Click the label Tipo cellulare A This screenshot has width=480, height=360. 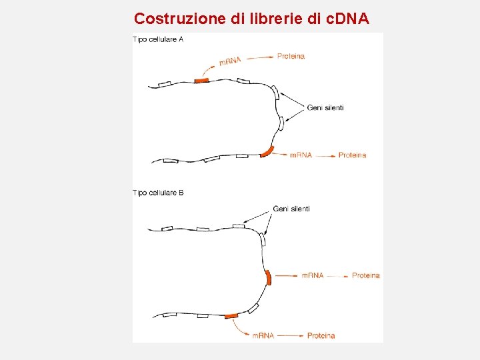158,39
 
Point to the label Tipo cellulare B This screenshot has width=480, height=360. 158,193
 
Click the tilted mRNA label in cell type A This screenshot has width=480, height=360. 230,61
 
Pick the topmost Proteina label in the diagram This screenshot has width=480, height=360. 291,56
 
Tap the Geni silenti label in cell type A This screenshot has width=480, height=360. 325,108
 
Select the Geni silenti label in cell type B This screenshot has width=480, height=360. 291,209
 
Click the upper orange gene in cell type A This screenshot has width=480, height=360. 201,81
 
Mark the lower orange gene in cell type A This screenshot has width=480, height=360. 267,151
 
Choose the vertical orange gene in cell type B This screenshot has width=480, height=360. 268,277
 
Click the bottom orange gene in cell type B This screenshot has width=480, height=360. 231,315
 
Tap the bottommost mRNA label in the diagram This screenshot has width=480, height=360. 263,335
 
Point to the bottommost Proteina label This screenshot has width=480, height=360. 321,335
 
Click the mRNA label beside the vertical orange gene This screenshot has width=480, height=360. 313,275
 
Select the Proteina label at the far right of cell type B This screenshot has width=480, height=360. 365,275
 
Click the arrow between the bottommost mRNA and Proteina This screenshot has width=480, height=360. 290,335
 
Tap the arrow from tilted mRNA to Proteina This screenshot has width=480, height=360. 259,57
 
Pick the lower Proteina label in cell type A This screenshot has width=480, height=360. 352,155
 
